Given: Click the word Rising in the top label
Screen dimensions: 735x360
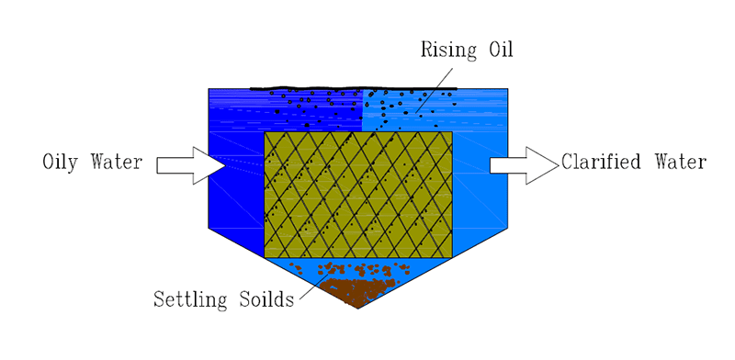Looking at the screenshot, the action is [447, 51].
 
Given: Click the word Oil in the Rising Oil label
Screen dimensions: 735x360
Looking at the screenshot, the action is [500, 50].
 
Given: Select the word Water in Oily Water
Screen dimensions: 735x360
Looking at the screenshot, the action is [117, 162].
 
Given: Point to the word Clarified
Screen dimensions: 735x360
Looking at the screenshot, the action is [601, 162].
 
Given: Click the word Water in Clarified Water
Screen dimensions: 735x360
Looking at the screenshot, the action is [681, 162].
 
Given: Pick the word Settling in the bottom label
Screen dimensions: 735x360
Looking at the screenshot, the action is [190, 299].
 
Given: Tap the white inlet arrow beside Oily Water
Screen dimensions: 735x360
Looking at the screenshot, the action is [192, 165].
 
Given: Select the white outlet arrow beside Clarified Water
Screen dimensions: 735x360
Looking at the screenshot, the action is [525, 165].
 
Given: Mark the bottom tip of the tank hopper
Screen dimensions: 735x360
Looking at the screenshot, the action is [357, 309].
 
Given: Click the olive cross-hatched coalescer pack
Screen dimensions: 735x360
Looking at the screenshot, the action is [358, 195].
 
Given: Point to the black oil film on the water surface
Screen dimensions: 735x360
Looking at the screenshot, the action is [354, 88].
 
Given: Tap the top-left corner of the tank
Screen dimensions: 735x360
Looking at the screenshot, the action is [209, 88].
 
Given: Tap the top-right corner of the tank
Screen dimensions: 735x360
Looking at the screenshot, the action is [508, 88].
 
